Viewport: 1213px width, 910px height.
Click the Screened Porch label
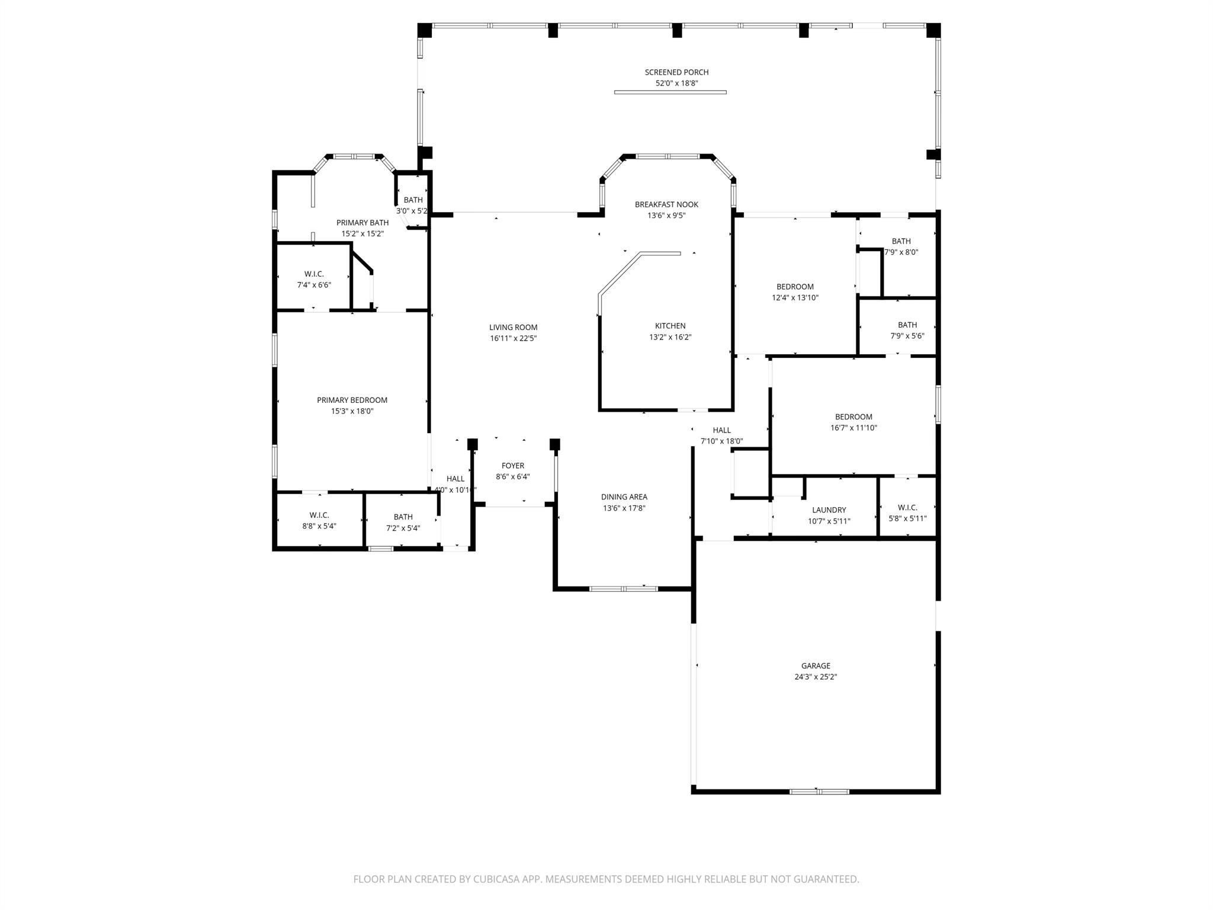pos(676,72)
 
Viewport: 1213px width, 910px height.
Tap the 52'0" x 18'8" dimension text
pos(676,84)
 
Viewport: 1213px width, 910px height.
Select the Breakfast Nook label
pos(666,204)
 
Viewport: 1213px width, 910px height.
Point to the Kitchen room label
pos(670,326)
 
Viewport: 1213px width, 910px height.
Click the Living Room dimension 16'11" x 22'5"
pos(513,338)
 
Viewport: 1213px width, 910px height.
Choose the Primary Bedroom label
pos(352,400)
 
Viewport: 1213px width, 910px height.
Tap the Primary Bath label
pos(362,223)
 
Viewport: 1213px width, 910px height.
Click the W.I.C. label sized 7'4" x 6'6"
pos(314,274)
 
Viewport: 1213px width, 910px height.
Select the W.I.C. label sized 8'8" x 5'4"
pos(319,515)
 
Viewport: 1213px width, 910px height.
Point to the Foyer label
pos(512,466)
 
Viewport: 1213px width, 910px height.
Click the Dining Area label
pos(624,497)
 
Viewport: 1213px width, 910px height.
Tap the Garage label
pos(816,666)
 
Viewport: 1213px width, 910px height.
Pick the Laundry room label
pos(829,510)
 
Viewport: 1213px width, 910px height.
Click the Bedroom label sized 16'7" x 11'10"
pos(853,417)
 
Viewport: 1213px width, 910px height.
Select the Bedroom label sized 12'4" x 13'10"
pos(795,287)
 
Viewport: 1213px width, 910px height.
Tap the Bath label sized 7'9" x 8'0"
pos(901,241)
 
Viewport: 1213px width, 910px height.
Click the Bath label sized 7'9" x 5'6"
pos(907,325)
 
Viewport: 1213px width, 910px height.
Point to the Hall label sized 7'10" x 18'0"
pos(721,430)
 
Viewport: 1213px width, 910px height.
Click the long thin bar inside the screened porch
pos(670,92)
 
